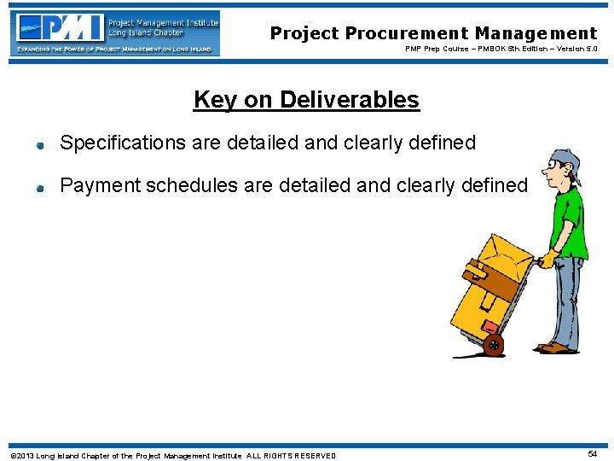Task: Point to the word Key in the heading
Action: [x=215, y=100]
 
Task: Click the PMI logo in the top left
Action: [x=115, y=32]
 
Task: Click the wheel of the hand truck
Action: [x=493, y=344]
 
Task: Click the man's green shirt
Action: [x=568, y=224]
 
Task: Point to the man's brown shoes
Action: [x=554, y=347]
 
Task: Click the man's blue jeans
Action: [x=567, y=299]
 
